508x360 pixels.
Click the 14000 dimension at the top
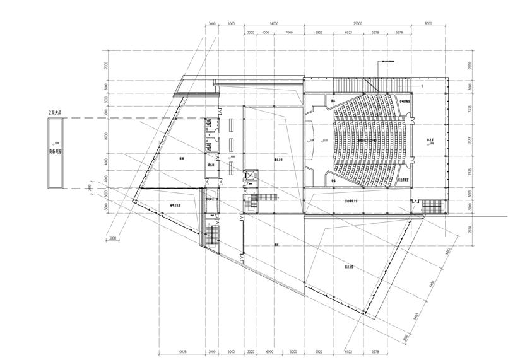[273, 23]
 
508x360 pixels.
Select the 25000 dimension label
[357, 23]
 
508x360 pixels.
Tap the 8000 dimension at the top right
[428, 23]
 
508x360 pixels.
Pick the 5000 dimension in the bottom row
[293, 352]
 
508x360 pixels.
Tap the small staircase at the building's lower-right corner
[434, 206]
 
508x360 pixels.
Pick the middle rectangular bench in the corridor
[231, 144]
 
